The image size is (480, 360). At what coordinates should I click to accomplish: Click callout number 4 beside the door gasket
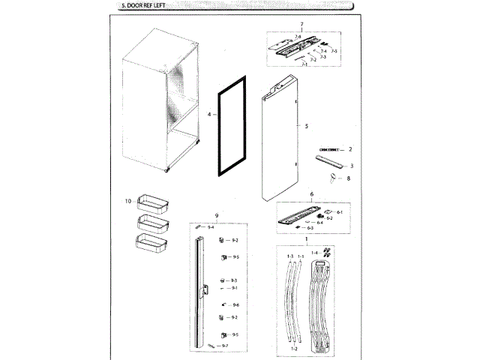[x=209, y=115]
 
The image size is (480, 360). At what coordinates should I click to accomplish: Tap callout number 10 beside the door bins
[x=128, y=201]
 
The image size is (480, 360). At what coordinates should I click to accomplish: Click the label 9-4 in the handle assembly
[x=211, y=227]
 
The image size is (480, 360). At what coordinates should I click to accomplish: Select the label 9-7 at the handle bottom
[x=225, y=345]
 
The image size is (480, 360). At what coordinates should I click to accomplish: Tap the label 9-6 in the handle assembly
[x=235, y=305]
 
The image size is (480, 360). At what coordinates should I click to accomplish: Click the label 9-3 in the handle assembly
[x=234, y=280]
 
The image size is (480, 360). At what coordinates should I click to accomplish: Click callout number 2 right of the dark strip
[x=349, y=150]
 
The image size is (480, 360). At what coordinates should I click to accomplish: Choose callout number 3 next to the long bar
[x=351, y=165]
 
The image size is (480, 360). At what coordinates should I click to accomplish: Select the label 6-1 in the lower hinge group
[x=340, y=212]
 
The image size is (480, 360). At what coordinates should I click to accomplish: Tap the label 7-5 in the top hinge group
[x=334, y=51]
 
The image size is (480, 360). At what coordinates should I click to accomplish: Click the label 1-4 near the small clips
[x=314, y=253]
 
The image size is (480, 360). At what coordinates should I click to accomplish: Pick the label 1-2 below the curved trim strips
[x=294, y=349]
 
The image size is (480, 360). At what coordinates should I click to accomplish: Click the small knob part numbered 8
[x=332, y=176]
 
